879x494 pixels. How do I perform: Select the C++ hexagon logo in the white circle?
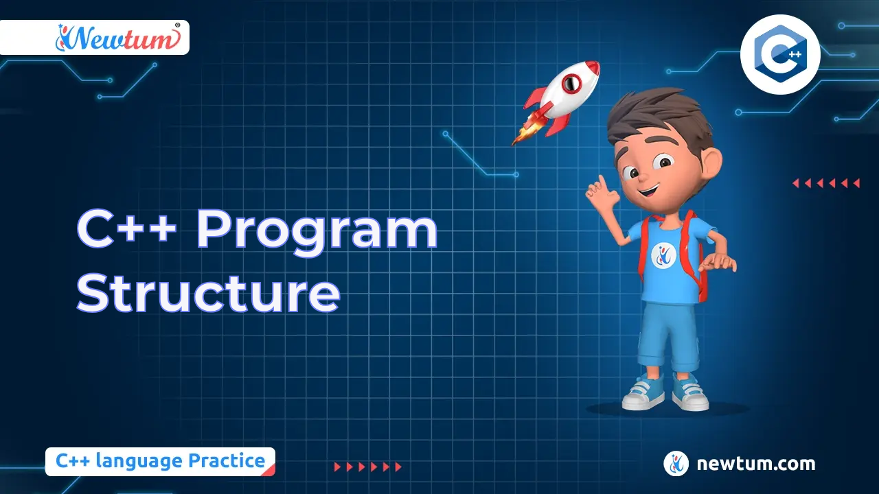click(x=779, y=53)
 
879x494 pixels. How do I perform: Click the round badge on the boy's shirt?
click(x=664, y=255)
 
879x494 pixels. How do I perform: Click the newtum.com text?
click(x=755, y=464)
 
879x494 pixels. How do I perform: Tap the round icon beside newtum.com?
click(x=676, y=464)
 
